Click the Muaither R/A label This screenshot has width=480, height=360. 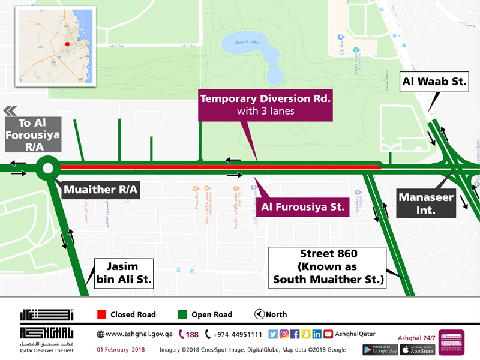101,191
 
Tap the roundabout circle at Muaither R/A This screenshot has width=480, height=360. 47,169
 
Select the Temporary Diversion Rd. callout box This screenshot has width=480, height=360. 265,104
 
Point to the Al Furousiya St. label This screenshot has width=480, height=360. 303,208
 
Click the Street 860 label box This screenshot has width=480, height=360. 328,266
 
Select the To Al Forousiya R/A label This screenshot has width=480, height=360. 33,135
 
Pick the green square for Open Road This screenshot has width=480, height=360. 182,314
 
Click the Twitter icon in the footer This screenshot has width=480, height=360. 273,334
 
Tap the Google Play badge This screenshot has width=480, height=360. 380,349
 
